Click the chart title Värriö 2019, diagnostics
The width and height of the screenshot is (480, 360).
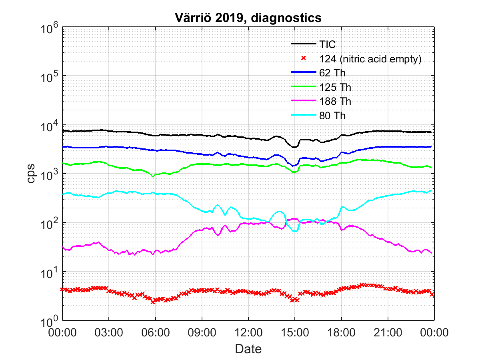tap(248, 18)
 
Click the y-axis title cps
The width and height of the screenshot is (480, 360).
tap(31, 173)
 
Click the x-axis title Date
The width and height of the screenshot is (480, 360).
tap(248, 349)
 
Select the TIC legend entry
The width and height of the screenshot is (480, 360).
tap(327, 44)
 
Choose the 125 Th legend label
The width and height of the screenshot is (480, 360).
tap(335, 87)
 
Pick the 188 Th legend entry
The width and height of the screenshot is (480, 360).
tap(335, 101)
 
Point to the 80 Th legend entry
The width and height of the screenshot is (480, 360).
tap(332, 116)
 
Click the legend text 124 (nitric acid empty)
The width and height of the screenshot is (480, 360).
tap(371, 58)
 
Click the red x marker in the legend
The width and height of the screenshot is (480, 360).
tap(304, 58)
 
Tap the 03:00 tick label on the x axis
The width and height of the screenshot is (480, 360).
tap(109, 333)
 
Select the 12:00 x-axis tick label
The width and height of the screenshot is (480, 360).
tap(248, 333)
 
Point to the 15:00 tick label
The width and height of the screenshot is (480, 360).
tap(295, 333)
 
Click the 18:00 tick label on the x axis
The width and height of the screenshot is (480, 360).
tap(341, 333)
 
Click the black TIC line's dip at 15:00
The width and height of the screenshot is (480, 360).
tap(294, 147)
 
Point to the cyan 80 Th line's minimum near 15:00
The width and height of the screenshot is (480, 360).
tap(295, 231)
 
